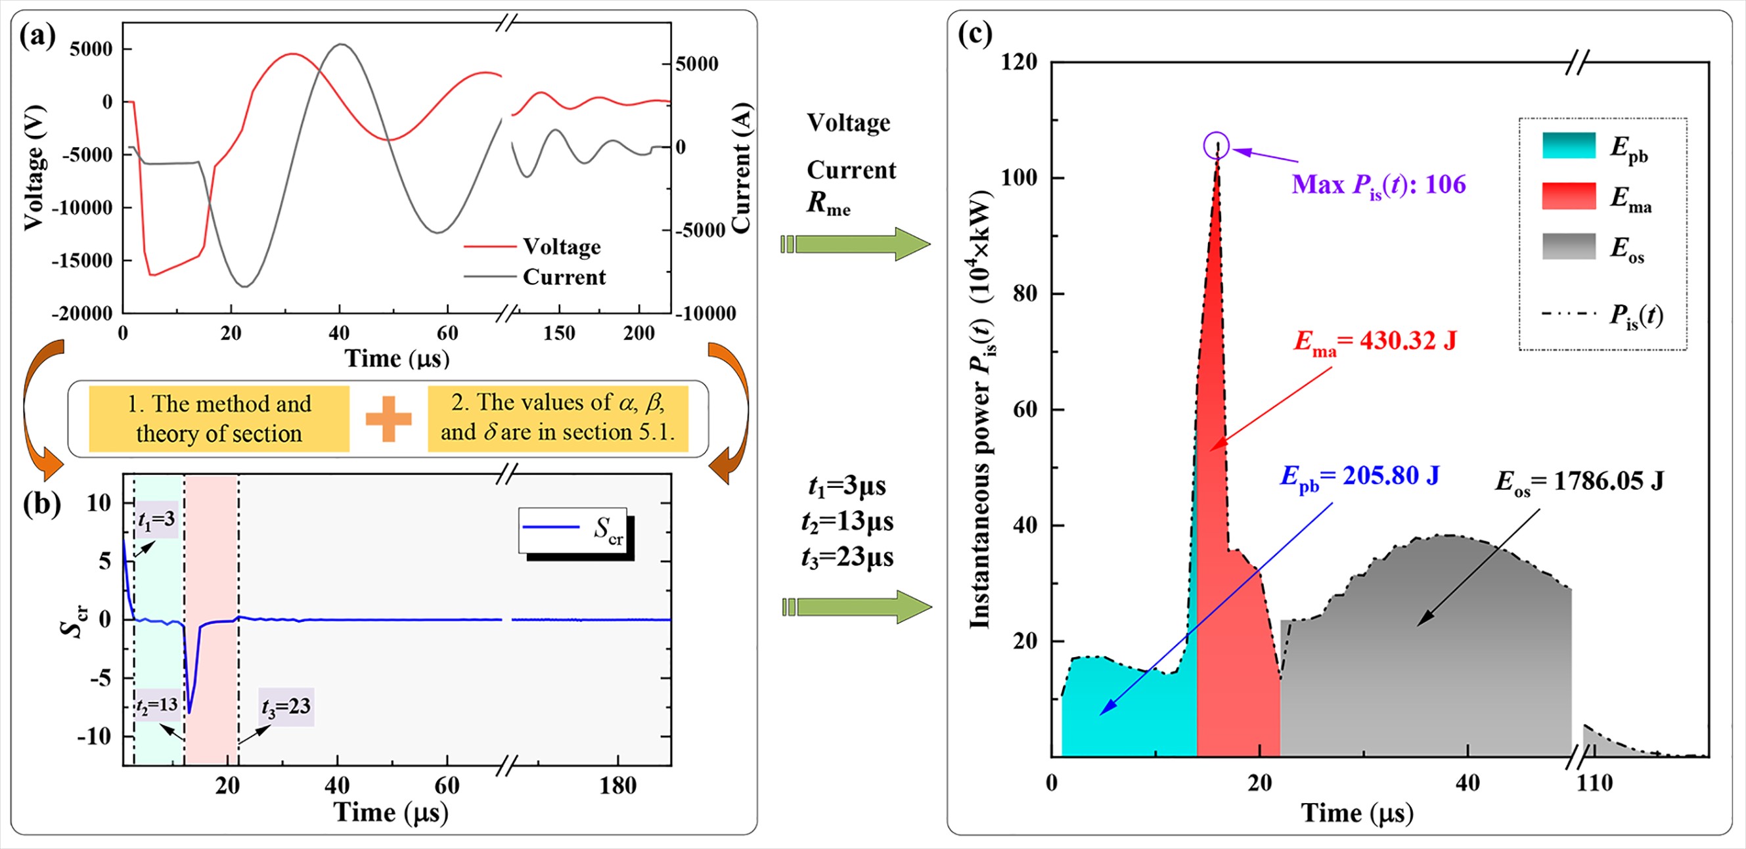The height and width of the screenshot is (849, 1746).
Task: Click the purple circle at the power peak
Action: coord(1216,145)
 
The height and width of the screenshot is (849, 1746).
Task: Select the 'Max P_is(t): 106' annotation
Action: coord(1379,185)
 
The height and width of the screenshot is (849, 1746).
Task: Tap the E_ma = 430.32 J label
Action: coord(1376,341)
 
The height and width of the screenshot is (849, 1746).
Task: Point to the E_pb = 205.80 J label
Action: coord(1359,476)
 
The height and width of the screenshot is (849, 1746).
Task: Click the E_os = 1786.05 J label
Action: coord(1579,482)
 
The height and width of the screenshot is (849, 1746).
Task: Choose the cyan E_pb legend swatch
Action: coord(1569,145)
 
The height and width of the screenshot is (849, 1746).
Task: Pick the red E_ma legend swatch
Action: coord(1569,196)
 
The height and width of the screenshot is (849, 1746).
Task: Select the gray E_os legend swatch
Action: coord(1569,247)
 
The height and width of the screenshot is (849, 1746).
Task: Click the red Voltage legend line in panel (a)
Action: coord(489,248)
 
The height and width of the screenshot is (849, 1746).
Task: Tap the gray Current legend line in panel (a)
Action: coord(489,276)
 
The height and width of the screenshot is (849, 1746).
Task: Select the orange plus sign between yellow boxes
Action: coord(388,418)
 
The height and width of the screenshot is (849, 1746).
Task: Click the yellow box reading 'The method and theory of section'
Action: coord(219,418)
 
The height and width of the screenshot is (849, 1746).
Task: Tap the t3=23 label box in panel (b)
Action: coord(286,707)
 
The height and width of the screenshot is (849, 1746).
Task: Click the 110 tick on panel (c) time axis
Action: coord(1594,783)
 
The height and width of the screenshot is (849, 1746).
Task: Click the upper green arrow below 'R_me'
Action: coord(855,244)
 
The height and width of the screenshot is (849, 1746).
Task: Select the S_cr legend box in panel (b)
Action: coord(573,530)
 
